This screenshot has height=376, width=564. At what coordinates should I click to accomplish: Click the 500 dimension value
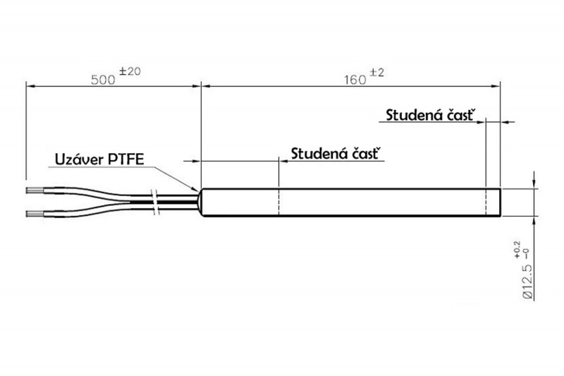coord(104,78)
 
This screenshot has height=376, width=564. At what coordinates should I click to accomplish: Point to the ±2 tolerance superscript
coord(375,72)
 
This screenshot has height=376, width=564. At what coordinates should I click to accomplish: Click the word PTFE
coord(125,159)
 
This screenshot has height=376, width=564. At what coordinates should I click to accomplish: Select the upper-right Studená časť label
coord(431,114)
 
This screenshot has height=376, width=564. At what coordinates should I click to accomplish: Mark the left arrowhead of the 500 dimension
coord(30,85)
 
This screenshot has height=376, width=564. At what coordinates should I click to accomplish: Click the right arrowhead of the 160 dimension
coord(496,85)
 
